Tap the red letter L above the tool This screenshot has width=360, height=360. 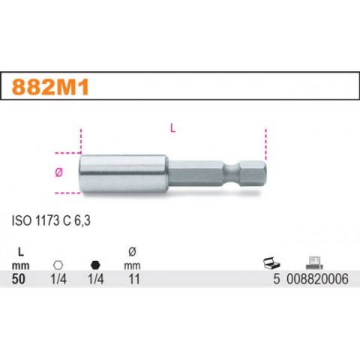tap(174, 127)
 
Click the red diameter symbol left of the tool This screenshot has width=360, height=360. tap(60, 172)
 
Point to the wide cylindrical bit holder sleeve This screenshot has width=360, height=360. tap(121, 172)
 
